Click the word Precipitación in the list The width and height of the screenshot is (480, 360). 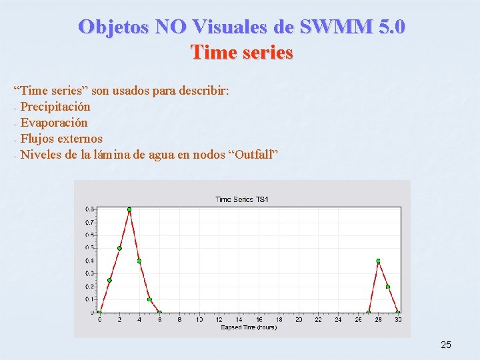tap(55, 107)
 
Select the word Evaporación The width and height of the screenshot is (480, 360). tap(54, 123)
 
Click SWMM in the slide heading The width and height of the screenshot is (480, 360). tap(331, 27)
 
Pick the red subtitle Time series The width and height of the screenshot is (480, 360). tap(241, 51)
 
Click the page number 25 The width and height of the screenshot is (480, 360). tap(446, 345)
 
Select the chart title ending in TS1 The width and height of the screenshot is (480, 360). tap(241, 199)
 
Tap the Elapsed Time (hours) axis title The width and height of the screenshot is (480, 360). tap(249, 327)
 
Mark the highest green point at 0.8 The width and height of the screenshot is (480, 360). tap(129, 209)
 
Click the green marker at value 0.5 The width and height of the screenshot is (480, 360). tap(119, 248)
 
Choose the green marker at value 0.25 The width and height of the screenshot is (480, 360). tap(109, 280)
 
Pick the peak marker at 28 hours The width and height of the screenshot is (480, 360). tap(378, 261)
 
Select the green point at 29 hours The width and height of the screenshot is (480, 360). tap(388, 287)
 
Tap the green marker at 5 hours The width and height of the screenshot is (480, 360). tap(149, 299)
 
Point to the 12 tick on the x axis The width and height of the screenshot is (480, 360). tap(219, 320)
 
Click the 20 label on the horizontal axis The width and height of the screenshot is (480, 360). tap(299, 320)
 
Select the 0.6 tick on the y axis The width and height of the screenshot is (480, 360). tap(89, 235)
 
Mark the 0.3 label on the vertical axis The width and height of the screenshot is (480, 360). tap(89, 273)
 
